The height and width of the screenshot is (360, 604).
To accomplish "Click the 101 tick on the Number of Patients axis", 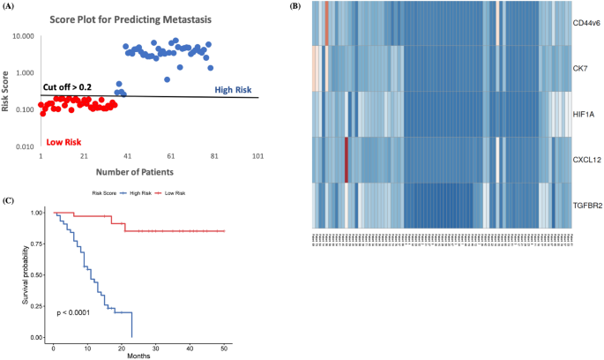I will (x=258, y=156).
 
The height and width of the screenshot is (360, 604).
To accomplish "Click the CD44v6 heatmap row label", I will (x=587, y=22).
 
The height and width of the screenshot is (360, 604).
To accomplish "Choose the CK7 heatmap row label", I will (x=581, y=67).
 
